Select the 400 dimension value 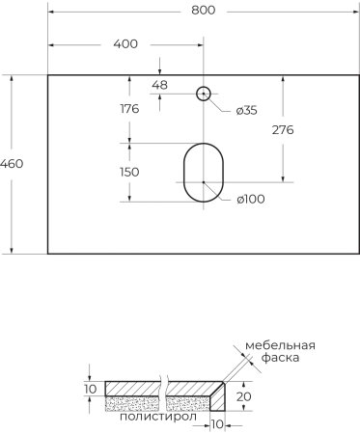coord(125,43)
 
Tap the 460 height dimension coord(12,163)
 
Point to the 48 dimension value coord(160,85)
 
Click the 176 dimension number coord(128,109)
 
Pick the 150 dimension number coord(128,172)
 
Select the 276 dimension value coord(282,129)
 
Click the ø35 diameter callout coord(246,110)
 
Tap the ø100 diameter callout coord(250,199)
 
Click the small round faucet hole coord(204,94)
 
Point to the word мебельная coord(280,345)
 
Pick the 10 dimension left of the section coord(90,389)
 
